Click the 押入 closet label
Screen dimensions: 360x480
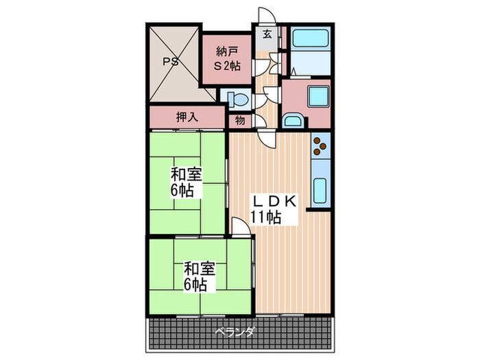coord(187,117)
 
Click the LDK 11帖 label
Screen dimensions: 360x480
coord(273,209)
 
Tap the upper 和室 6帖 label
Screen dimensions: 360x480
coord(186,182)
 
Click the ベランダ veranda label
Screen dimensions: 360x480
coord(236,332)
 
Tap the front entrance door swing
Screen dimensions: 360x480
coord(264,16)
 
